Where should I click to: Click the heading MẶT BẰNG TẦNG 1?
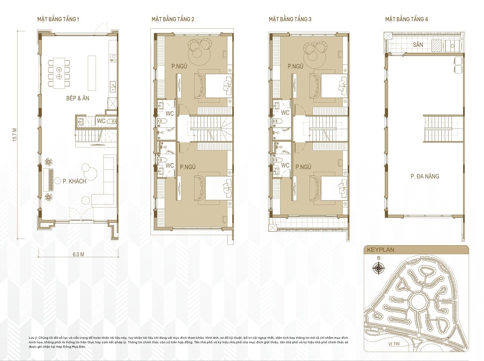pos(58,19)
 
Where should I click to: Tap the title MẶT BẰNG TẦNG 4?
pos(406,19)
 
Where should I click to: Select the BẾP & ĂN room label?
pos(78,98)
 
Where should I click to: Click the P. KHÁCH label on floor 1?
pos(74,181)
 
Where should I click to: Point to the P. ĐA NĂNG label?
pos(425,176)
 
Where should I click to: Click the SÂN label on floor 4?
pos(418,45)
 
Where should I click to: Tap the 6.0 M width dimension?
pos(78,254)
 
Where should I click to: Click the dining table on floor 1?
pos(59,74)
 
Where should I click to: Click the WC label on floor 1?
pos(101,121)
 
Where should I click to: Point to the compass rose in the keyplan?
pos(379,268)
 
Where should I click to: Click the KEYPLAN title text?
pos(380,250)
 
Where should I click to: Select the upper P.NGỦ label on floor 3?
pos(295,66)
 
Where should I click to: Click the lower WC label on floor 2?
pos(170,165)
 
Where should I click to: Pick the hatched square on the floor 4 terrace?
pos(436,45)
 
